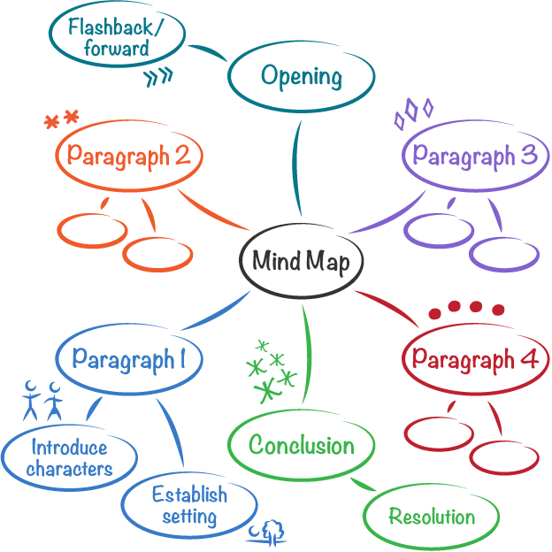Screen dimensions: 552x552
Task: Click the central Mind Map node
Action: (x=301, y=261)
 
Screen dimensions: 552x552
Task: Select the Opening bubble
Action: (x=301, y=76)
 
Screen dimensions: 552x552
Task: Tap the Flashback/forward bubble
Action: (x=116, y=38)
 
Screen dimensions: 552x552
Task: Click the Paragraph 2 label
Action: (x=129, y=157)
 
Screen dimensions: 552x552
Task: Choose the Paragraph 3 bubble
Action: (x=475, y=157)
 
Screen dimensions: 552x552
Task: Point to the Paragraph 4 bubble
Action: (x=475, y=359)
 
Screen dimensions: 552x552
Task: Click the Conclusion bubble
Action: (x=301, y=445)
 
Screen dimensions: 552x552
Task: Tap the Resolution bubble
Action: (x=432, y=517)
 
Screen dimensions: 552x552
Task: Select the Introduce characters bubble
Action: (x=69, y=458)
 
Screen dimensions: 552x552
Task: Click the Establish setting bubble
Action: (x=189, y=505)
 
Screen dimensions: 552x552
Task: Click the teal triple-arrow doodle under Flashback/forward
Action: (x=159, y=78)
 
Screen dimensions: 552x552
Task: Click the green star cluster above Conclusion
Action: (x=271, y=370)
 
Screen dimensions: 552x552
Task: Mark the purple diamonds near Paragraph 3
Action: (x=413, y=111)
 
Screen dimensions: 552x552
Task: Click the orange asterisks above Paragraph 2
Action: (x=62, y=119)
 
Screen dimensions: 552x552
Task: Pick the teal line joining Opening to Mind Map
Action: (x=297, y=168)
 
